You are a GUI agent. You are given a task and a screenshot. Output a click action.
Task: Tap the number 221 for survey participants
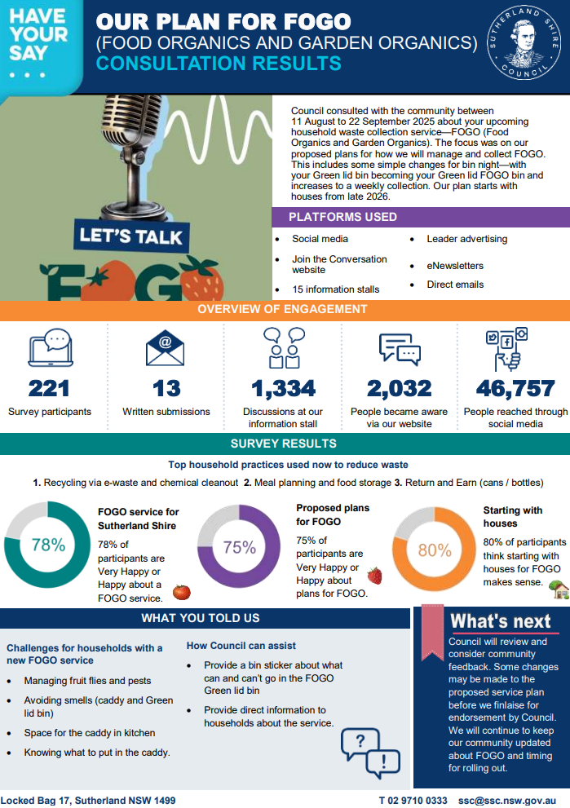pyautogui.click(x=49, y=387)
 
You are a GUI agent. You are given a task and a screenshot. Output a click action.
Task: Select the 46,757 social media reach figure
pyautogui.click(x=515, y=387)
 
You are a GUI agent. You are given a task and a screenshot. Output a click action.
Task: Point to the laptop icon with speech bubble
pyautogui.click(x=51, y=348)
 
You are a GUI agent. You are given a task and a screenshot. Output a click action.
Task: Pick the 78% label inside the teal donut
pyautogui.click(x=48, y=545)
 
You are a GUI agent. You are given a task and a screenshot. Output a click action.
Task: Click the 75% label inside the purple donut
pyautogui.click(x=240, y=548)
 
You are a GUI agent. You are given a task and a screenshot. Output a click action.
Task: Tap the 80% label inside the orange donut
pyautogui.click(x=434, y=550)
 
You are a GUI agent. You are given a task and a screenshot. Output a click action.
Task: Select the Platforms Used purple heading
pyautogui.click(x=342, y=217)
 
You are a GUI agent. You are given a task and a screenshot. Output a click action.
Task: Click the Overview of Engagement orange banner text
pyautogui.click(x=282, y=310)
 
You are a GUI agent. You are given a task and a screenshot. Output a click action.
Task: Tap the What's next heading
pyautogui.click(x=501, y=621)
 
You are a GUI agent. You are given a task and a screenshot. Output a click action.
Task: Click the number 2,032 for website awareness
pyautogui.click(x=399, y=387)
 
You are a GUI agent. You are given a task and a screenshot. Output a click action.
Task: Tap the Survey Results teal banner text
pyautogui.click(x=283, y=444)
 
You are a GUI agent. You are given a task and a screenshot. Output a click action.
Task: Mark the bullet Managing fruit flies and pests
pyautogui.click(x=87, y=681)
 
